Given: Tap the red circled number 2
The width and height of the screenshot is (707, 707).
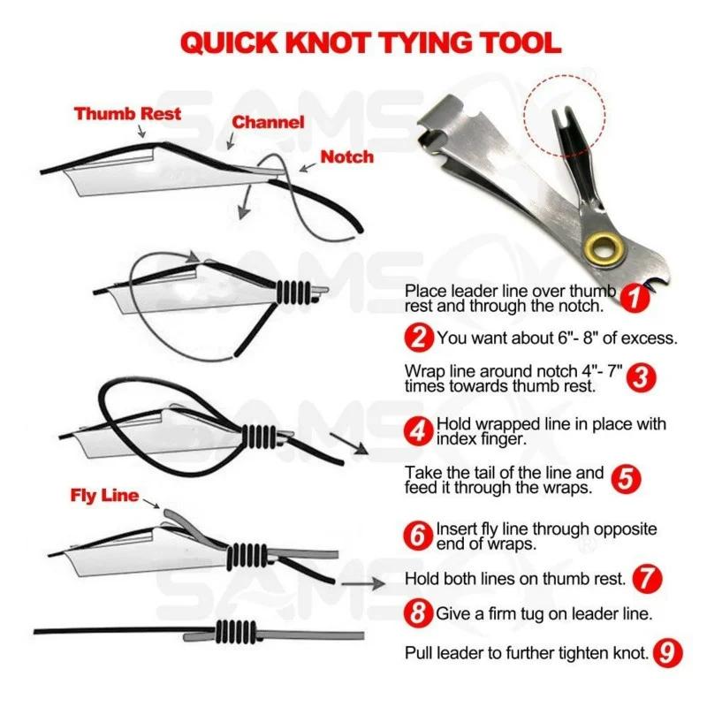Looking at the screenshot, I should [419, 337].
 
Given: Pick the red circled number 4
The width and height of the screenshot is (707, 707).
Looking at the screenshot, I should [419, 431].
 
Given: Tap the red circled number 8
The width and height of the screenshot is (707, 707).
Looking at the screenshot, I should [419, 612].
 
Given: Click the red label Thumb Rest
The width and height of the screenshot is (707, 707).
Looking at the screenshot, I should [127, 113].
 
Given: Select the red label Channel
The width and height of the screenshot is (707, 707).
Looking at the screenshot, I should [269, 122].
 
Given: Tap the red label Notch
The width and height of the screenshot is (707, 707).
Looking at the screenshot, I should [346, 156].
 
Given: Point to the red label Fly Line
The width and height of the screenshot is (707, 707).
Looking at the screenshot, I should [104, 495].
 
